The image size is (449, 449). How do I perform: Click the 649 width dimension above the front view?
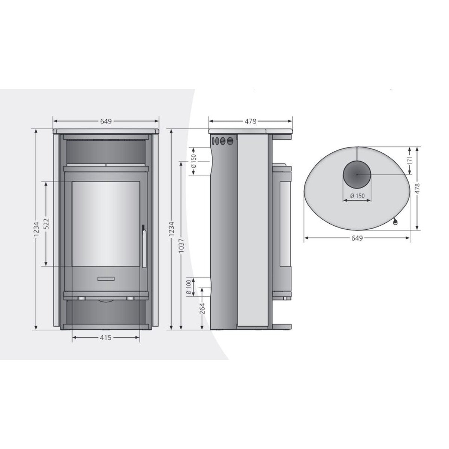click(106, 121)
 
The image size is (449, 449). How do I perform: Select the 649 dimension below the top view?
click(357, 238)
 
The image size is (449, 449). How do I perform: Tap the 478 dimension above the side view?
click(250, 121)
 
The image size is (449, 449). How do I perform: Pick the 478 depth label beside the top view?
click(417, 188)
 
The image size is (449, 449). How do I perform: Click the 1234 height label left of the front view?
click(36, 229)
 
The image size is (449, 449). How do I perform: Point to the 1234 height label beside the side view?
click(171, 229)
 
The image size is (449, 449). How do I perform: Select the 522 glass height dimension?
click(46, 224)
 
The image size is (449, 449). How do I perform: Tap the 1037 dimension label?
click(182, 245)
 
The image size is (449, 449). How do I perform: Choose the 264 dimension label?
click(202, 308)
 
